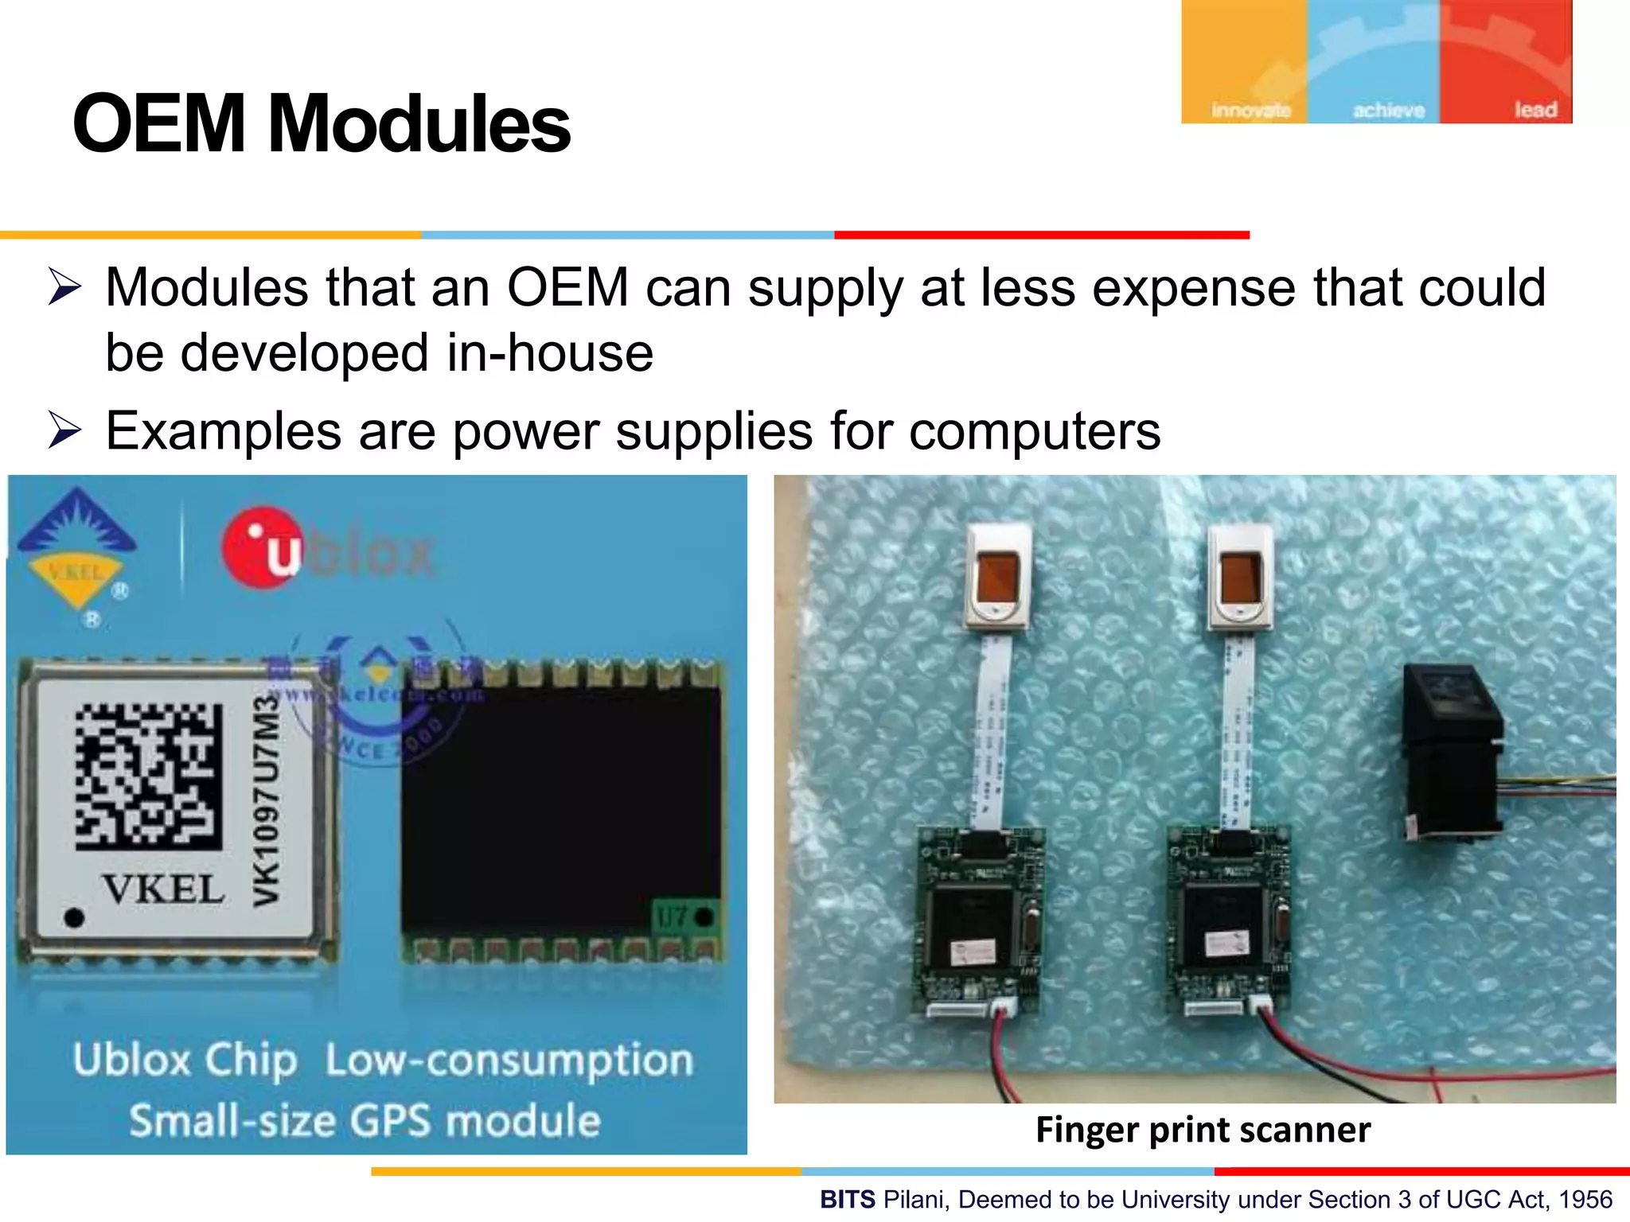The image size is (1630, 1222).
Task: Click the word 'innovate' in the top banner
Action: [x=1250, y=110]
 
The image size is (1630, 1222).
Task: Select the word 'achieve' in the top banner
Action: [x=1389, y=110]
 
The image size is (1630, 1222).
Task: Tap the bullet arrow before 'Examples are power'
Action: [x=64, y=430]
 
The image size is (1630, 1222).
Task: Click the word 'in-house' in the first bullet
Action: [x=550, y=352]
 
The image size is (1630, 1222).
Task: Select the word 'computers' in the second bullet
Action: [x=1035, y=430]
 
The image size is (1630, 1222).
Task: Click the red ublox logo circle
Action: [x=263, y=547]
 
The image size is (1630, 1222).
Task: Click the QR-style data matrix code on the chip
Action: [x=149, y=776]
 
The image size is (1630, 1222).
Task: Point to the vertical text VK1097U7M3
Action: [x=267, y=800]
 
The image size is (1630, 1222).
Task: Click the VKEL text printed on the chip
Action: [x=163, y=889]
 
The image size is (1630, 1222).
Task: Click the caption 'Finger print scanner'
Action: [x=1203, y=1130]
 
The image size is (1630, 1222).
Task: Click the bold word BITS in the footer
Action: [x=848, y=1199]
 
